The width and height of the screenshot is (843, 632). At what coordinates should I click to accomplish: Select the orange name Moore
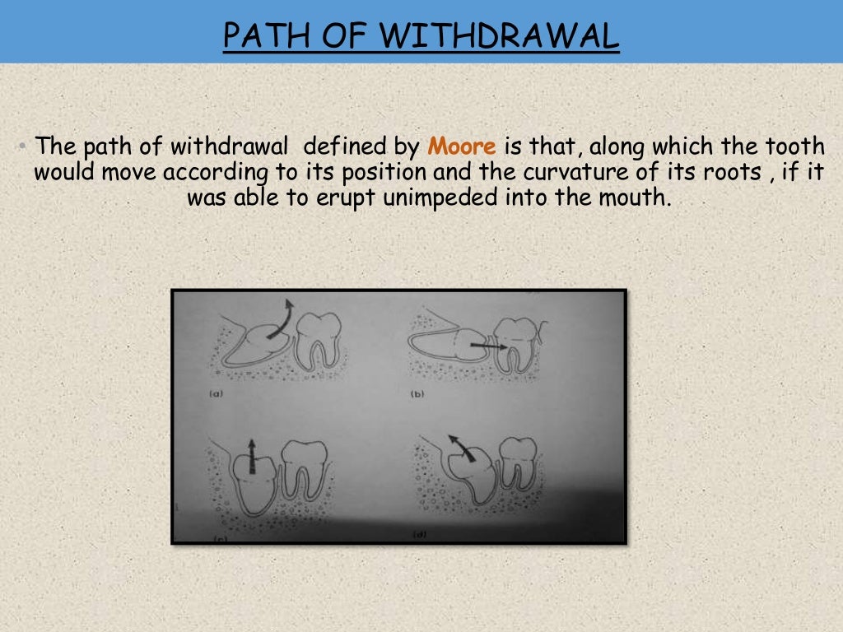tap(461, 147)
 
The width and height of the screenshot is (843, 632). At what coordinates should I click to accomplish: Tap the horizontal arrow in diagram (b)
tap(487, 348)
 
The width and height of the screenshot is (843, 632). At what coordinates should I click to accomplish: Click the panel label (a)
tap(217, 394)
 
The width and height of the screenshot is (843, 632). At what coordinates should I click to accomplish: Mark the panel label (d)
tap(420, 535)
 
